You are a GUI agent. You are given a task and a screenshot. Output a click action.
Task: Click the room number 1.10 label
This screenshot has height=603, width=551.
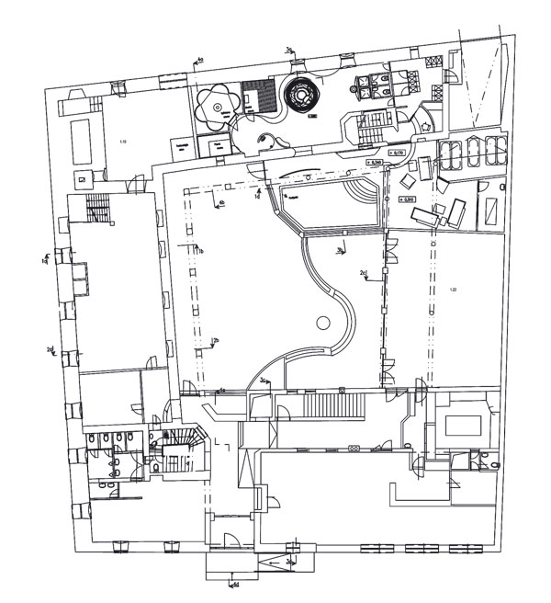coord(122,141)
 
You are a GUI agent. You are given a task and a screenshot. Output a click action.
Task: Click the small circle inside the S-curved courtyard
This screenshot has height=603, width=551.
coord(321,324)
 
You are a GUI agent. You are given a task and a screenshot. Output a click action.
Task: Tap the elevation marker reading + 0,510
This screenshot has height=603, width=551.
coord(409,199)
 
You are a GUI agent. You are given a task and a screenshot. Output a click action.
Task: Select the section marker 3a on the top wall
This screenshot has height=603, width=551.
coord(289,50)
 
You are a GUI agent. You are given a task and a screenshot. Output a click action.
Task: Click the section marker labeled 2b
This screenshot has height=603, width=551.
coord(215,341)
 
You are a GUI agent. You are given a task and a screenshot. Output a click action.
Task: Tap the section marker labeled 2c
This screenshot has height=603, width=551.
coord(364,274)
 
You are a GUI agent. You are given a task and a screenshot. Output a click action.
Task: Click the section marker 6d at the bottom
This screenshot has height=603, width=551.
coord(235,582)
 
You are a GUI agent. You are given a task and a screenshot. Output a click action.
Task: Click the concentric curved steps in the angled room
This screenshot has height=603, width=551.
coord(361,196)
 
